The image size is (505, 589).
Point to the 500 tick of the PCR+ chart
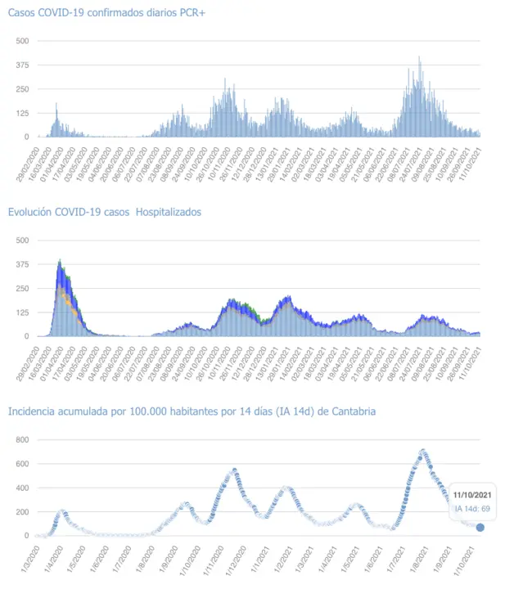pyautogui.click(x=22, y=41)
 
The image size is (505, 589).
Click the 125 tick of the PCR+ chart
pyautogui.click(x=22, y=113)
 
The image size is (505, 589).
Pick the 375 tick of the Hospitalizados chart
pyautogui.click(x=22, y=264)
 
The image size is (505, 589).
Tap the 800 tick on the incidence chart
pyautogui.click(x=22, y=439)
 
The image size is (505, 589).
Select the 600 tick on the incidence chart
pyautogui.click(x=22, y=463)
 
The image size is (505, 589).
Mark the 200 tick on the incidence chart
pyautogui.click(x=22, y=511)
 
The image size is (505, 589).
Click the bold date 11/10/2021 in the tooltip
pyautogui.click(x=473, y=494)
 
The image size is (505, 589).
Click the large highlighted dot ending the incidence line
pyautogui.click(x=480, y=528)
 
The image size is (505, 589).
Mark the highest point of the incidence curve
pyautogui.click(x=422, y=450)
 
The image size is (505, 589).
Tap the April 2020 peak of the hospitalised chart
pyautogui.click(x=60, y=261)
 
